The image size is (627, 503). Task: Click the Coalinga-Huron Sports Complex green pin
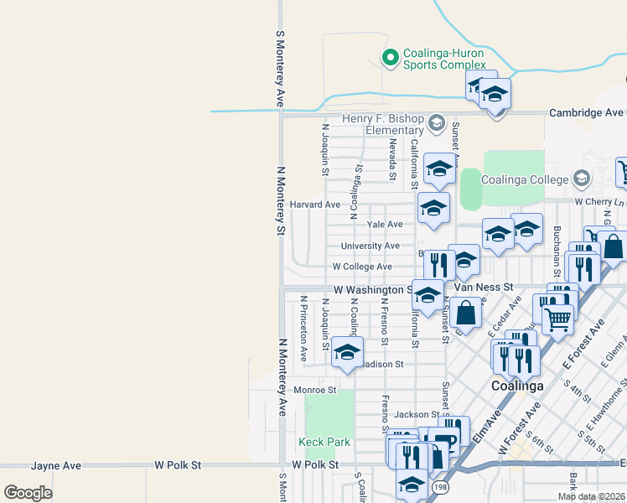(x=389, y=57)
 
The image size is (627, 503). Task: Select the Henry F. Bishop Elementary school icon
(x=436, y=124)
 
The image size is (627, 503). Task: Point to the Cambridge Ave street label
(x=586, y=113)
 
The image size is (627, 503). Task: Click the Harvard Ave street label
(x=315, y=205)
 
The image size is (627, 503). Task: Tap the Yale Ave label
(x=385, y=225)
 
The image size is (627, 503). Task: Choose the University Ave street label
(x=370, y=246)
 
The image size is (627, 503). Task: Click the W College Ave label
(x=362, y=267)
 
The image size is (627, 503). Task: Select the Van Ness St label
(x=483, y=287)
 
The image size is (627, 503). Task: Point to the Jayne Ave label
(x=56, y=465)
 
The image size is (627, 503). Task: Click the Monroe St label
(x=314, y=390)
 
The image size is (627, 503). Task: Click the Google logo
(x=28, y=493)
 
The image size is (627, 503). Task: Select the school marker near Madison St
(x=347, y=352)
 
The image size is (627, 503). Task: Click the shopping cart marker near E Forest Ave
(x=558, y=317)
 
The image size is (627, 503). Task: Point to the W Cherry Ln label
(x=598, y=202)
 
